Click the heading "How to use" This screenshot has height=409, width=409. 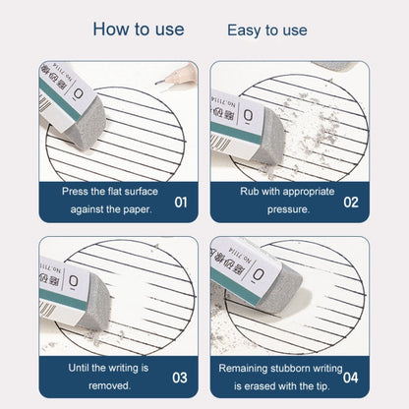[x=138, y=29]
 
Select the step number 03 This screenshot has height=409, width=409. [x=180, y=376]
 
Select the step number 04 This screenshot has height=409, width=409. [x=351, y=376]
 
